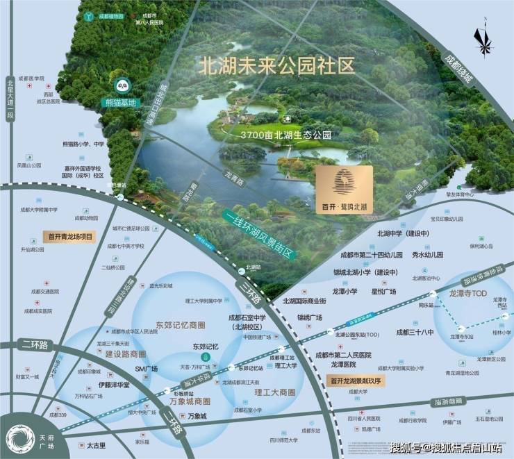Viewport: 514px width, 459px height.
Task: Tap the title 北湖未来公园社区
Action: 276,67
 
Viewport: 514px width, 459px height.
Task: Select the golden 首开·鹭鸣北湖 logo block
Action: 343,190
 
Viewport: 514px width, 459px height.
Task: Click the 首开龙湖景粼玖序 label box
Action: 356,380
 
